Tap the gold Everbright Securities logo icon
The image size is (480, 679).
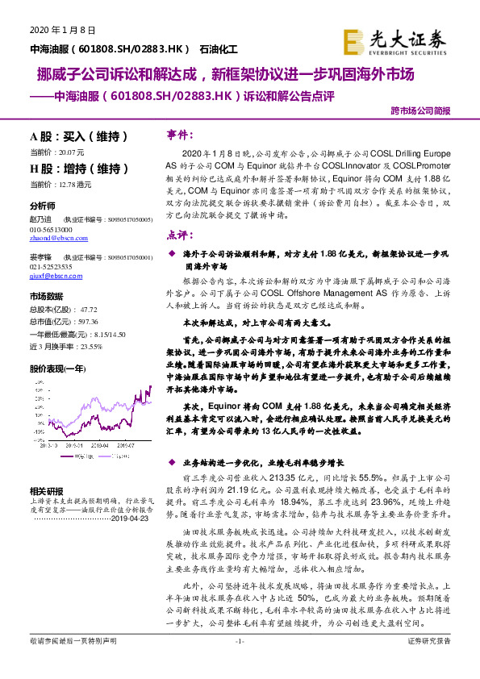tap(355, 40)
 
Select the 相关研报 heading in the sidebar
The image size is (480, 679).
tap(46, 490)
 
